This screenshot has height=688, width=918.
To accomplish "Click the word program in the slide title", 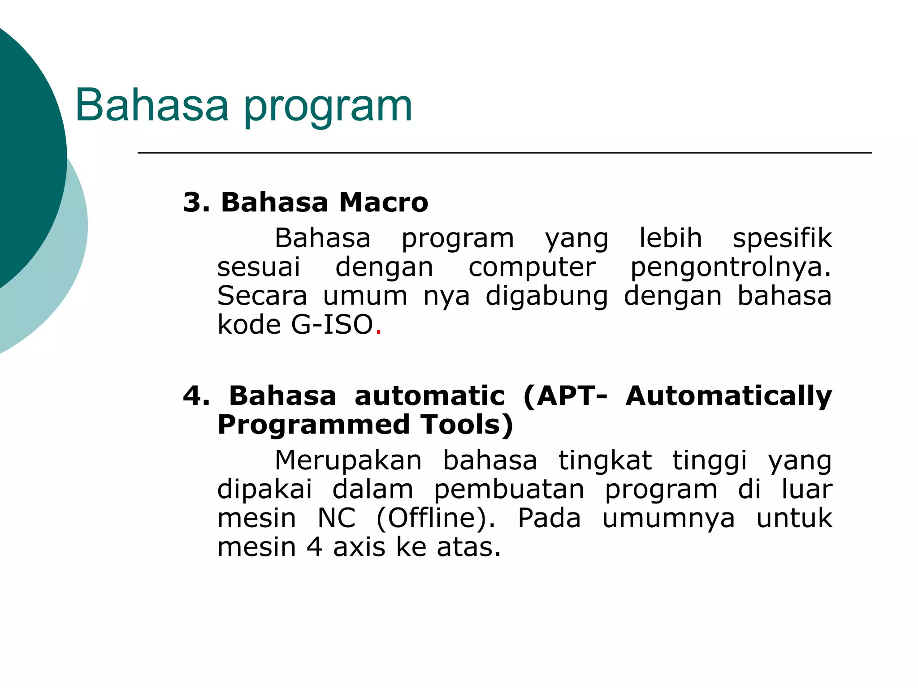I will [x=328, y=107].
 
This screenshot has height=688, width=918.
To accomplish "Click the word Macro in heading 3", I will [x=383, y=202].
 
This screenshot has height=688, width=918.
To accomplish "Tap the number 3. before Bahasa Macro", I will [x=196, y=202].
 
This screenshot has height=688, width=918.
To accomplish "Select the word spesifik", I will [x=782, y=238].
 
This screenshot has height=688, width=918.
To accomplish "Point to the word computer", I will [x=532, y=267].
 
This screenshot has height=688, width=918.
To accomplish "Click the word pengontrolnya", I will [x=730, y=267].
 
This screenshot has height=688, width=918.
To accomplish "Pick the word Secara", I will [x=262, y=296].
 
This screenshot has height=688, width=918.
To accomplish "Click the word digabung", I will [x=547, y=296].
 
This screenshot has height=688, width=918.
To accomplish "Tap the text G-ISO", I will [x=332, y=325].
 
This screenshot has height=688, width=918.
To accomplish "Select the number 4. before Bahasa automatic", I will [x=196, y=396].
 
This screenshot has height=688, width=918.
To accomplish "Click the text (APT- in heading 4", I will [x=565, y=396].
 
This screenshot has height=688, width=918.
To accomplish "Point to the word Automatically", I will [x=729, y=396].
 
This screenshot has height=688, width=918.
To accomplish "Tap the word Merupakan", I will [x=348, y=461].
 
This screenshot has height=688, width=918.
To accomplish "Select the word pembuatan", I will [x=509, y=490].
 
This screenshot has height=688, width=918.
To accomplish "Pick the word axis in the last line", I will [x=359, y=547].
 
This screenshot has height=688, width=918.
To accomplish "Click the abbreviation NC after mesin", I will [x=337, y=519].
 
